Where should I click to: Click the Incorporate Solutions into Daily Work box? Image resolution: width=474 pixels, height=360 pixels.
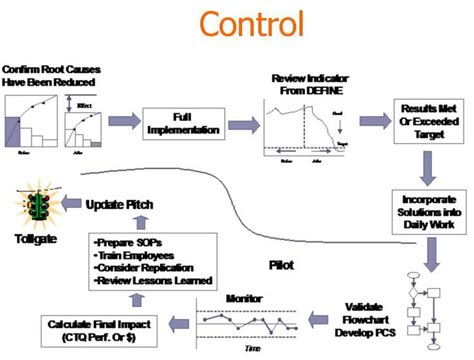pyautogui.click(x=426, y=205)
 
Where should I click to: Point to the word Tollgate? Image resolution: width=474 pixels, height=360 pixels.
pyautogui.click(x=35, y=240)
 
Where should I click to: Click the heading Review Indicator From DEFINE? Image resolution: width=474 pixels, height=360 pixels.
pyautogui.click(x=305, y=85)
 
